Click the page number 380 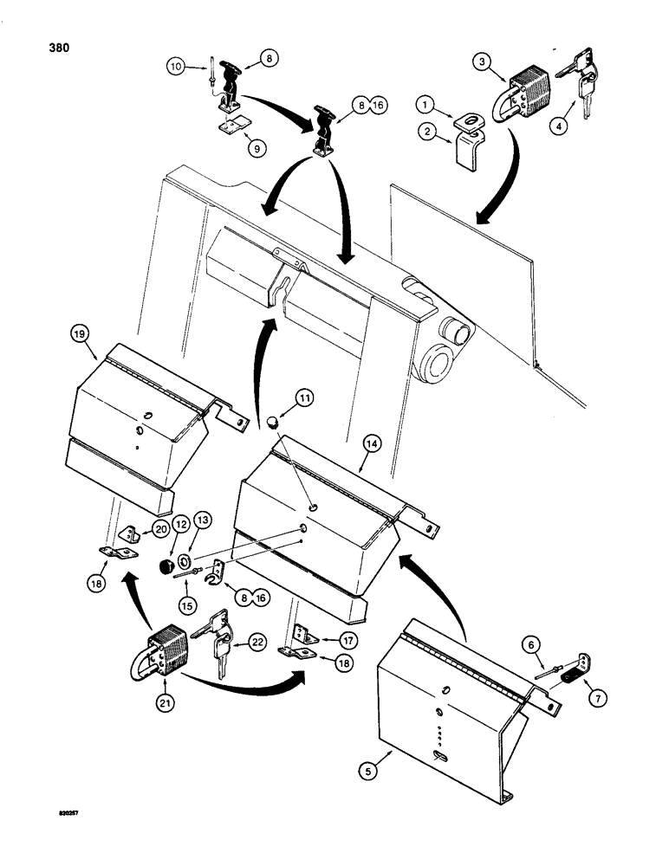pyautogui.click(x=50, y=48)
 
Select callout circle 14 pyautogui.click(x=373, y=445)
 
